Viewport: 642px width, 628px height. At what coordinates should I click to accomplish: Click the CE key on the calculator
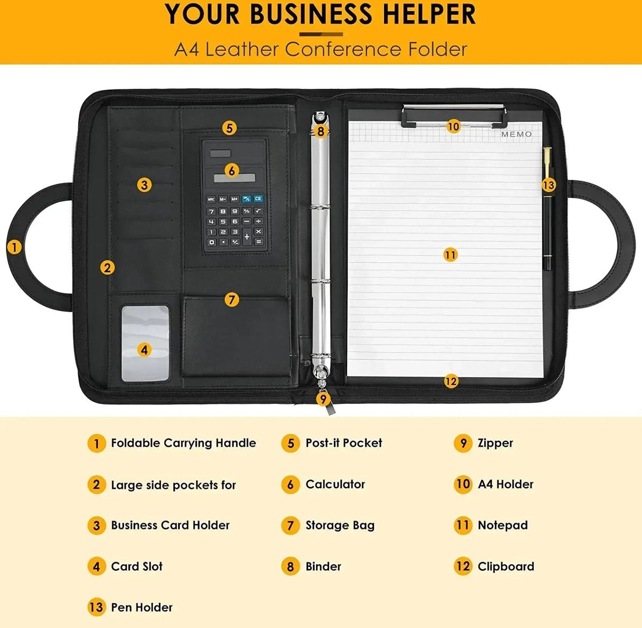(x=258, y=198)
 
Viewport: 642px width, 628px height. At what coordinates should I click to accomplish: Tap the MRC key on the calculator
(x=211, y=199)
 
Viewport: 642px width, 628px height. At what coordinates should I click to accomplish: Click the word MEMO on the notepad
(x=516, y=134)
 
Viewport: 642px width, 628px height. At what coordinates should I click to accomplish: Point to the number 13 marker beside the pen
(x=548, y=185)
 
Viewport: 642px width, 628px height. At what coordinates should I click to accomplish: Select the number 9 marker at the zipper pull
(x=323, y=399)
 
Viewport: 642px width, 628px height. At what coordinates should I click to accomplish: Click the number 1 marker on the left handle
(x=14, y=247)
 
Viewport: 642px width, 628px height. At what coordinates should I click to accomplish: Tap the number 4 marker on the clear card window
(x=144, y=350)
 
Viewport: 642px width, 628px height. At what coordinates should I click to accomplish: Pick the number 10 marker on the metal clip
(x=453, y=126)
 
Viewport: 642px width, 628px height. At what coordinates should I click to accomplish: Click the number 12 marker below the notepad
(x=450, y=381)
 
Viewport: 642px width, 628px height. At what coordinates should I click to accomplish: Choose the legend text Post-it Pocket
(x=344, y=443)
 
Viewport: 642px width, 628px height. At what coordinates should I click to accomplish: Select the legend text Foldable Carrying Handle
(x=184, y=443)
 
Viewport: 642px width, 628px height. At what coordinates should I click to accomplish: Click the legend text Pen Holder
(x=142, y=607)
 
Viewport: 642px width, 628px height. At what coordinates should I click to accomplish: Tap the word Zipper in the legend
(x=495, y=443)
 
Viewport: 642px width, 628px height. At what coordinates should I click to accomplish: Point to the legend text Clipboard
(x=506, y=566)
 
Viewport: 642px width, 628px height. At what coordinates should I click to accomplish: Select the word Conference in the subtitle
(x=343, y=49)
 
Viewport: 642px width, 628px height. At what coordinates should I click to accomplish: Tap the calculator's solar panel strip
(x=234, y=178)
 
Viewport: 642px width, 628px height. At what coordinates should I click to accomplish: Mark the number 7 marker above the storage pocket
(x=232, y=300)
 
